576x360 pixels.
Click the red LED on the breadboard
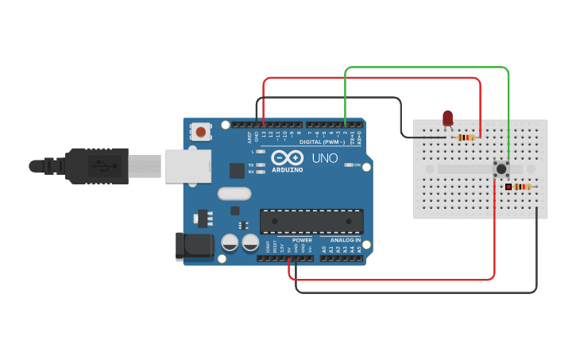[447, 118]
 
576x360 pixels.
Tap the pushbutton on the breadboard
[501, 168]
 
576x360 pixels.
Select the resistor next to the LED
[466, 137]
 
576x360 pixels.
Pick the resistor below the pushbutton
[521, 187]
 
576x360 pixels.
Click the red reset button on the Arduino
[201, 131]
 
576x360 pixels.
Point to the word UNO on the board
[324, 158]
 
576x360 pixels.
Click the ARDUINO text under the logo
[287, 170]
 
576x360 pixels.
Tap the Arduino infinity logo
[287, 157]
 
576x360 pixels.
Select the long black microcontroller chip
[311, 221]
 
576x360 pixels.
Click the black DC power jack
[195, 246]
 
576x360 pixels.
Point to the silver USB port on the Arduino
[187, 165]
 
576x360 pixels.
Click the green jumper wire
[427, 68]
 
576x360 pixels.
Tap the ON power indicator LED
[348, 165]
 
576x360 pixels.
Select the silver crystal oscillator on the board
[234, 193]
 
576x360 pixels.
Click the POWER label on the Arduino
[302, 239]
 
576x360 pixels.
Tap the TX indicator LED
[261, 165]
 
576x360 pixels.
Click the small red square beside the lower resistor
[508, 187]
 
